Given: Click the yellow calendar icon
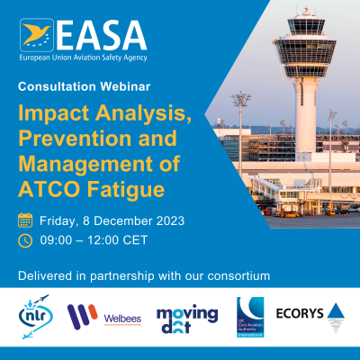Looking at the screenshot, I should pos(25,220).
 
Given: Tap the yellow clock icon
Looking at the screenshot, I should pos(25,240).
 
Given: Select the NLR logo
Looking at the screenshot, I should pos(36,315).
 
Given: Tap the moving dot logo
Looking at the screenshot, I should pos(186,316).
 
